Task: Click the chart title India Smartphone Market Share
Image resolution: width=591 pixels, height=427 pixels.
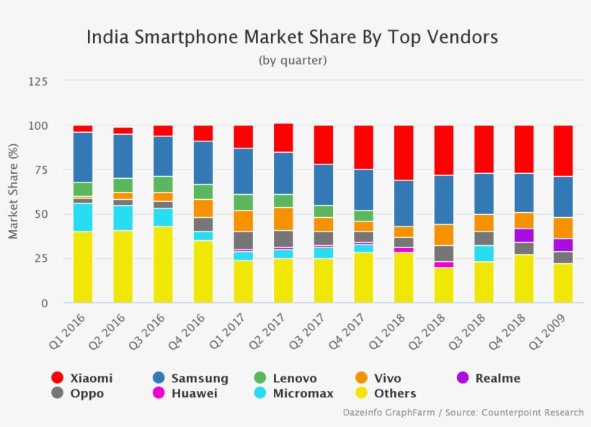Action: [x=292, y=37]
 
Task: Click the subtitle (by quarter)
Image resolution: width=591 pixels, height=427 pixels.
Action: [x=292, y=61]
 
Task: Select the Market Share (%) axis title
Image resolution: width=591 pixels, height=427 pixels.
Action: [x=13, y=192]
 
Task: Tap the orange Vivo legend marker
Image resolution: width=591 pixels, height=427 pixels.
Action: [x=363, y=378]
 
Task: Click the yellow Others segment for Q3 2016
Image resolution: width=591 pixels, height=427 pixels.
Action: [x=163, y=264]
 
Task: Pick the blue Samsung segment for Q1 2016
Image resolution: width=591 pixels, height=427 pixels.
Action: [x=83, y=157]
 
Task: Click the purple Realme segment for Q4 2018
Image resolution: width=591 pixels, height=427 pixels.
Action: [x=523, y=235]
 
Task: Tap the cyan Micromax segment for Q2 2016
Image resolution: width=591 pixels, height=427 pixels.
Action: [x=123, y=218]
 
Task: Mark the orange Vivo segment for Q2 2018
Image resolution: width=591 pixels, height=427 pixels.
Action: [x=443, y=234]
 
